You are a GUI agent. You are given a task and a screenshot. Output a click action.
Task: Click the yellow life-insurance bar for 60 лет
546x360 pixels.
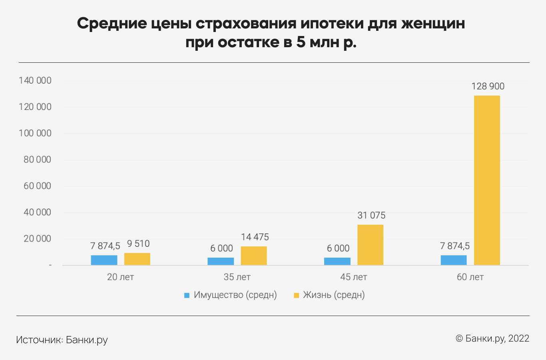point(487,180)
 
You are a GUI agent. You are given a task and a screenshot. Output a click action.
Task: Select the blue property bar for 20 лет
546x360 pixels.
point(104,260)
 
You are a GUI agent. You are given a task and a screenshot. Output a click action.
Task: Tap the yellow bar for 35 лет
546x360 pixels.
point(254,256)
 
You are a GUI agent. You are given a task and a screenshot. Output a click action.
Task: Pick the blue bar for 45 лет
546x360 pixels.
point(337,261)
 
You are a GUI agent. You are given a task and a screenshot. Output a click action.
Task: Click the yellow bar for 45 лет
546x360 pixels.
point(370,245)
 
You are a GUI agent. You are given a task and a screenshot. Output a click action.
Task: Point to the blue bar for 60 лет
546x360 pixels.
point(454,260)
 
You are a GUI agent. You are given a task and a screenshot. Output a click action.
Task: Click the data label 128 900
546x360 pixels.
point(488,86)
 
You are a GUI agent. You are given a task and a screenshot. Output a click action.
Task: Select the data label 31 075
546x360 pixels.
point(371,216)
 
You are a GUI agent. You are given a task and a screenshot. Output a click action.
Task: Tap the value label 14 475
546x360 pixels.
point(255,237)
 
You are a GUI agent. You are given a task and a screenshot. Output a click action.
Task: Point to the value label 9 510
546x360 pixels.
point(138,244)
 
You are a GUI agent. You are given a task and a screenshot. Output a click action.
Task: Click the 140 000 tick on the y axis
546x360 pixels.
point(35,81)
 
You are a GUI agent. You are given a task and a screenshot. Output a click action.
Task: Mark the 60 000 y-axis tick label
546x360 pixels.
point(37,186)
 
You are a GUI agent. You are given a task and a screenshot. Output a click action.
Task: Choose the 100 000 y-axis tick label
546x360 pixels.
point(35,133)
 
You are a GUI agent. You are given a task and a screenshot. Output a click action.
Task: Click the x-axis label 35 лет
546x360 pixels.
point(237,277)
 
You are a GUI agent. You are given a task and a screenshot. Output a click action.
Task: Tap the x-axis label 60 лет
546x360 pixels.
point(470,277)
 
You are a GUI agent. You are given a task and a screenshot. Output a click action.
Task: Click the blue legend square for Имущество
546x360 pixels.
point(187,295)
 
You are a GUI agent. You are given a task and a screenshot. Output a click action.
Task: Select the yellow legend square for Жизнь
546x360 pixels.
point(296,295)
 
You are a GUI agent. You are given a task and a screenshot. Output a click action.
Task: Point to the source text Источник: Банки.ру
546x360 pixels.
point(62,340)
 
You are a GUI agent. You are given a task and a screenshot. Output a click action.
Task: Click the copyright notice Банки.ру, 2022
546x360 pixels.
point(492,338)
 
